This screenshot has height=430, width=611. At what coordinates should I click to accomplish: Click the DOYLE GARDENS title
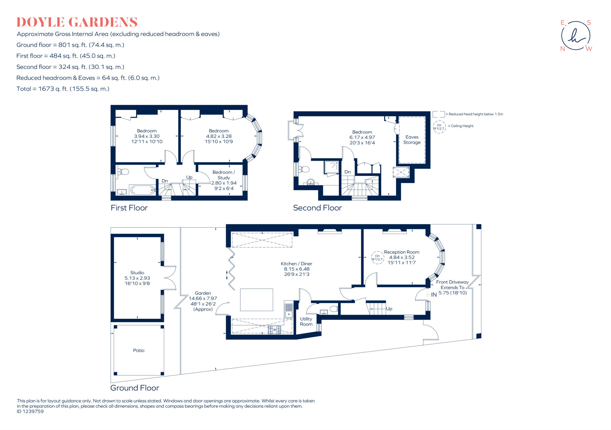point(77,22)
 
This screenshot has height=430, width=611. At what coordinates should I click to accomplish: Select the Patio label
point(139,350)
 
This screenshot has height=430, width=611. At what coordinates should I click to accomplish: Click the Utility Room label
point(306,321)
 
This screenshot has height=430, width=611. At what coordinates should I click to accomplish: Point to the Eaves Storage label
point(412,140)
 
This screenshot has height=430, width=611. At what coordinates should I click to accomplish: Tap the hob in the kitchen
point(274,330)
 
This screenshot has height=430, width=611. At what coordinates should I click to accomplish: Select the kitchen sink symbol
point(288,310)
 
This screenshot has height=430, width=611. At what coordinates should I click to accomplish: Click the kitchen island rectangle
point(257,300)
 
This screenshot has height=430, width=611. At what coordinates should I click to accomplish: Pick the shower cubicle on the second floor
point(332,167)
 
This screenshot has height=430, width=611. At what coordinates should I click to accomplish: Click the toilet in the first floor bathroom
point(123,172)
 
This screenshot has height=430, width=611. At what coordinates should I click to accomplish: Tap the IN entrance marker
point(433,295)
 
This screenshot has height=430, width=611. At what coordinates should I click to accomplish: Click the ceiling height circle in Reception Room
point(377,258)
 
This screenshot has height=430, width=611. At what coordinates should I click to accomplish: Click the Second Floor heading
point(317,208)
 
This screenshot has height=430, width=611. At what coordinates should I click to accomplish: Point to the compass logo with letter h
point(575,36)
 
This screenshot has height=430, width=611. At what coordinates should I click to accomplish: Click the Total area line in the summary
point(63,89)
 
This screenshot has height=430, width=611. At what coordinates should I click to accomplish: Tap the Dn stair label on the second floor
point(347,172)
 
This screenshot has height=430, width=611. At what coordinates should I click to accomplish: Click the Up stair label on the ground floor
point(389,309)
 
